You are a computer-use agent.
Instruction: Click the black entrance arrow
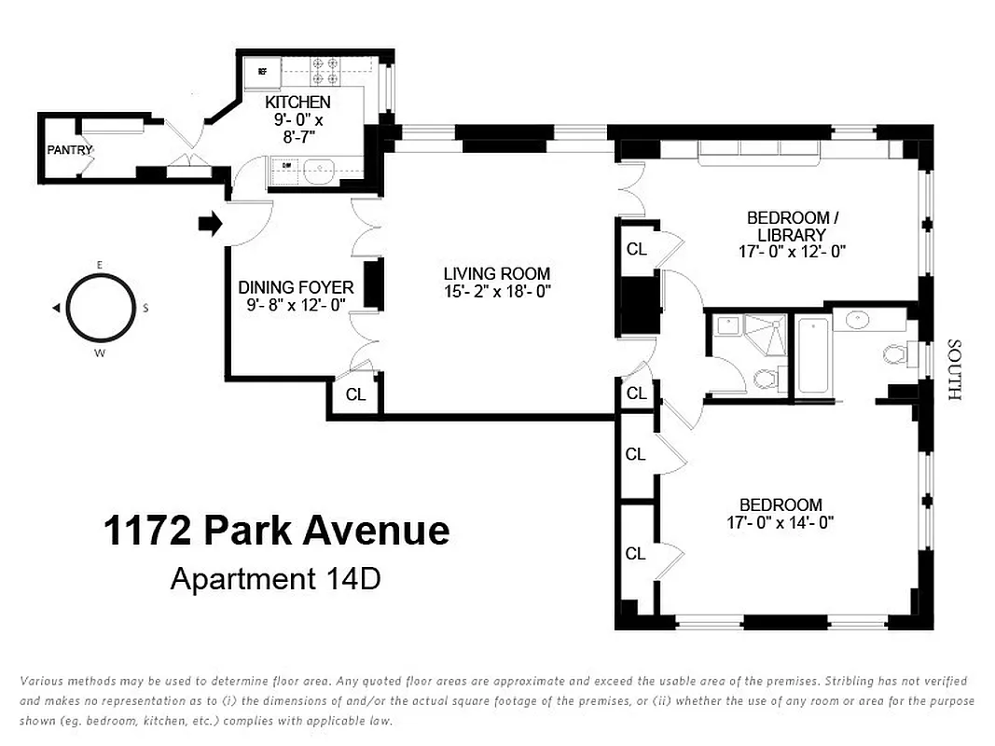[211, 224]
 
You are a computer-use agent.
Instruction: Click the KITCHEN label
[297, 102]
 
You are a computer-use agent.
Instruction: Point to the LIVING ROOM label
[496, 273]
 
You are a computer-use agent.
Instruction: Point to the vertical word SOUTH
[953, 369]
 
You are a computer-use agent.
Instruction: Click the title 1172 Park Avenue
[276, 531]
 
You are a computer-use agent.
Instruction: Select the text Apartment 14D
[275, 579]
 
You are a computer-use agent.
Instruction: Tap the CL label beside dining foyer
[355, 394]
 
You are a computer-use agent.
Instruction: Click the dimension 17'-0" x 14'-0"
[781, 523]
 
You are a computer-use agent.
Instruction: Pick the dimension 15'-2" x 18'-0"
[496, 291]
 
